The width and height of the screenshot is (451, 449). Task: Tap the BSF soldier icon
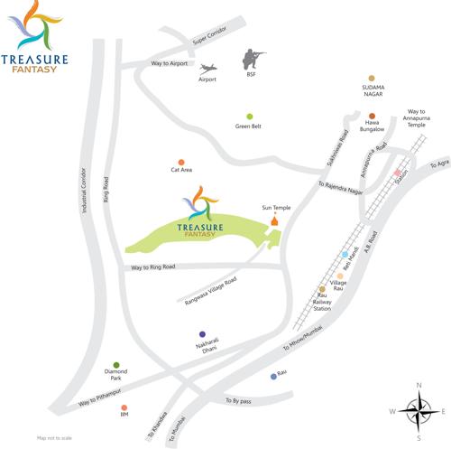pyautogui.click(x=254, y=60)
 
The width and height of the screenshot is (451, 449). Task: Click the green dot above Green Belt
pyautogui.click(x=250, y=117)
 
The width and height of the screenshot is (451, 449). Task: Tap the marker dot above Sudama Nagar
pyautogui.click(x=372, y=79)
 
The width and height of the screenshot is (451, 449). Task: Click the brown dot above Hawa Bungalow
pyautogui.click(x=372, y=116)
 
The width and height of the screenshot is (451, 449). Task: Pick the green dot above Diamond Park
pyautogui.click(x=116, y=364)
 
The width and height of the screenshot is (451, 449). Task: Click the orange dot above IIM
pyautogui.click(x=124, y=407)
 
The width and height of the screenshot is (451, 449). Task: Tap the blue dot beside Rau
pyautogui.click(x=273, y=376)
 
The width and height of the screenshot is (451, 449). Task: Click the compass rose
pyautogui.click(x=418, y=412)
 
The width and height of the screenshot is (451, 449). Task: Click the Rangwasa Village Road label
pyautogui.click(x=209, y=290)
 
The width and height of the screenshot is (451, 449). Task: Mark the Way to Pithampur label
pyautogui.click(x=100, y=398)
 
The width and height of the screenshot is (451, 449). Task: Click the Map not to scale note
pyautogui.click(x=53, y=437)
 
